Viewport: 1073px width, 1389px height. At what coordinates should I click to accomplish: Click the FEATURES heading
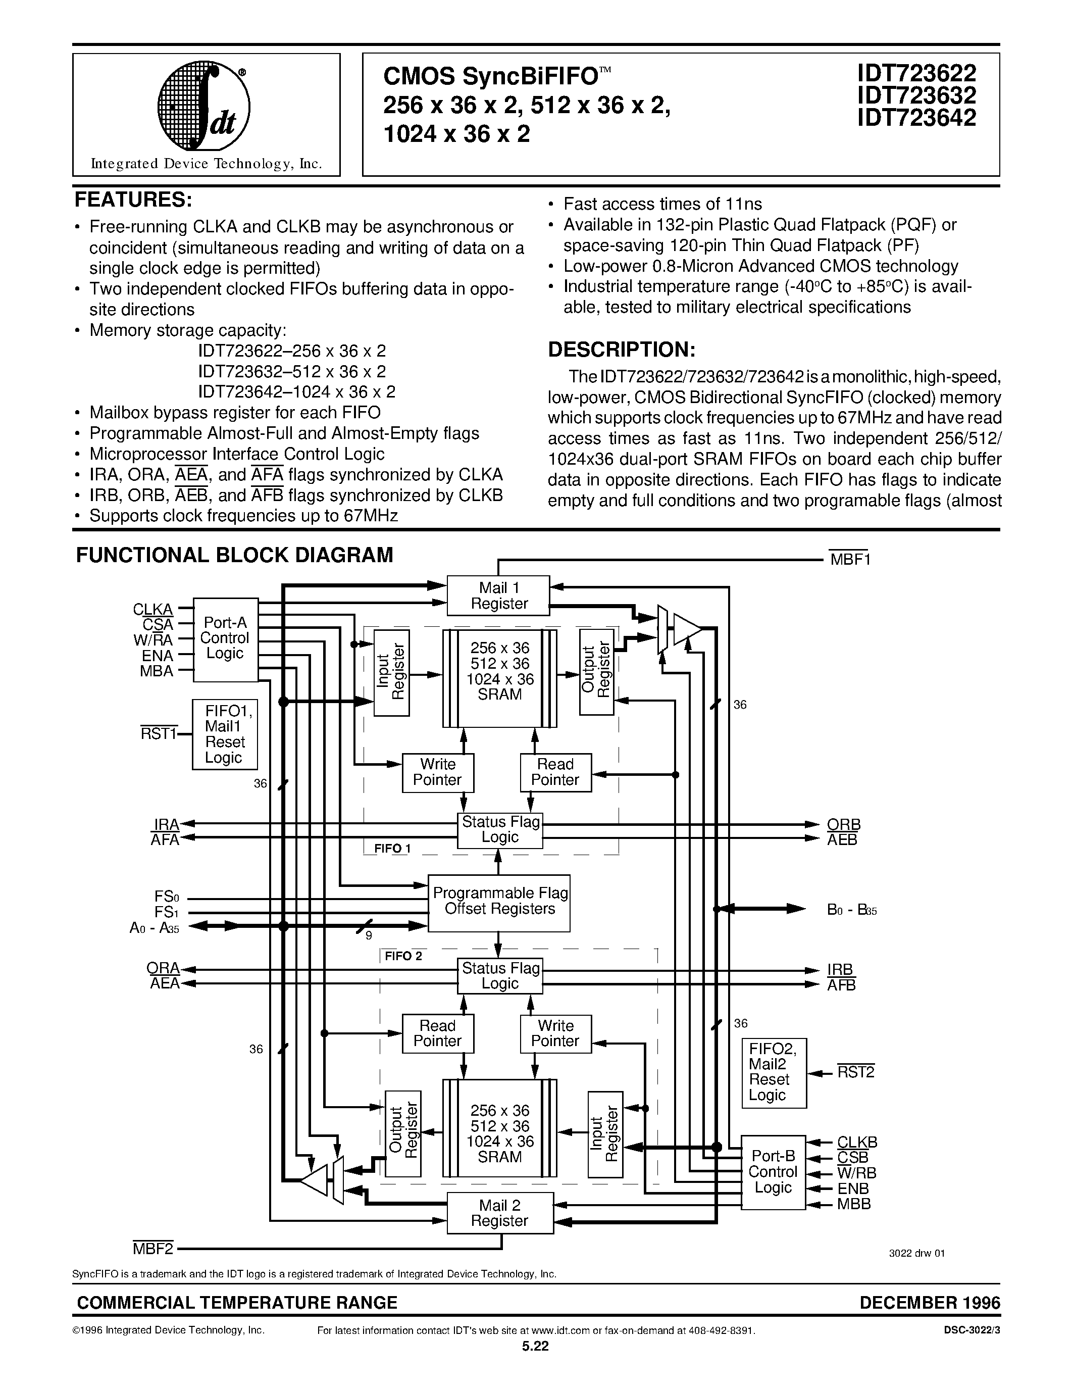(x=133, y=200)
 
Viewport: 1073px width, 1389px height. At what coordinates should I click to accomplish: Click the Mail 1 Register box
(x=498, y=596)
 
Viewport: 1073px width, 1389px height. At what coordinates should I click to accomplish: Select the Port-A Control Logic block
(x=225, y=639)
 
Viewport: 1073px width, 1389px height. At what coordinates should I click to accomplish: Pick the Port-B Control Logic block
(x=773, y=1172)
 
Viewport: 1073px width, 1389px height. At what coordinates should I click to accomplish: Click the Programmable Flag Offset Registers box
(x=499, y=901)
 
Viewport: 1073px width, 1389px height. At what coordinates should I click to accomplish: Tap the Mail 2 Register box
(x=499, y=1213)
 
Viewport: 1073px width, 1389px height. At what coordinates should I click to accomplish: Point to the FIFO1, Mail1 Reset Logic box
(x=225, y=734)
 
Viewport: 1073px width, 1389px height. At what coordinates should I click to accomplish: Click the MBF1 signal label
(x=850, y=560)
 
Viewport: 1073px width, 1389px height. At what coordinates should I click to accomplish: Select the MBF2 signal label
(x=152, y=1249)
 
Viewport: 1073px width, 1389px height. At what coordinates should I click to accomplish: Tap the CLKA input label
(x=152, y=609)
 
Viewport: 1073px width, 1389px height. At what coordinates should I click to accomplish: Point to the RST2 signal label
(x=855, y=1072)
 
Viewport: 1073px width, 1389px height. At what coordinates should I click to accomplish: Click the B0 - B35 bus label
(x=852, y=910)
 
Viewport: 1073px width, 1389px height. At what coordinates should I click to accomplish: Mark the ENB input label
(x=853, y=1188)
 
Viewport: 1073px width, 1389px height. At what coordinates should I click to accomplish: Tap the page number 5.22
(x=535, y=1345)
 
